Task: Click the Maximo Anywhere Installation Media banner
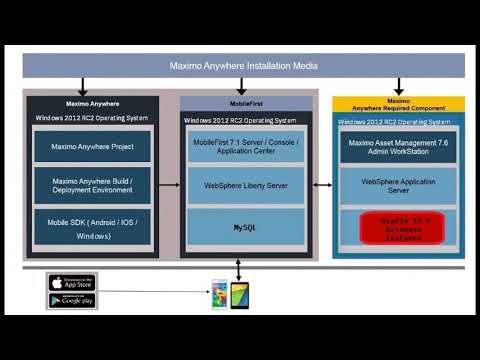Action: (243, 66)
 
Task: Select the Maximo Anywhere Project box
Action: (92, 148)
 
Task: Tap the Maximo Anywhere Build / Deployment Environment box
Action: (92, 188)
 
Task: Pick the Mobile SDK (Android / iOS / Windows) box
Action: (92, 229)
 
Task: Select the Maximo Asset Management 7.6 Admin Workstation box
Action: (398, 149)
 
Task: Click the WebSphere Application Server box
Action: (398, 185)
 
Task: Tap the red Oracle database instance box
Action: (398, 226)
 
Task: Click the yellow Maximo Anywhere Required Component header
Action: (398, 104)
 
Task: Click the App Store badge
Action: (72, 282)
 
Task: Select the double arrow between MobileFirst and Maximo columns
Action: (323, 185)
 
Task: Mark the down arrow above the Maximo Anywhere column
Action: (84, 87)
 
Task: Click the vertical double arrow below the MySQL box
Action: (238, 269)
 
